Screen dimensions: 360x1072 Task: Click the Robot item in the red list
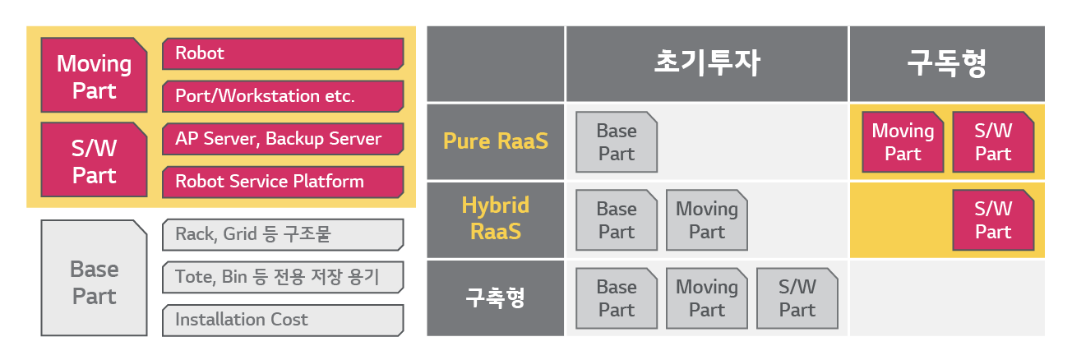pyautogui.click(x=283, y=53)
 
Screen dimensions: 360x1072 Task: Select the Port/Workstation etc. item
pyautogui.click(x=283, y=96)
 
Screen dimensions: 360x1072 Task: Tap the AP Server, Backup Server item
pyautogui.click(x=283, y=139)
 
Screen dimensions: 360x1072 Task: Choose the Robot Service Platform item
pyautogui.click(x=283, y=182)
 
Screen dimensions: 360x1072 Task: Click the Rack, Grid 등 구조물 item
pyautogui.click(x=283, y=235)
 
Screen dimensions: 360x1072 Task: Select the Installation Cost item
pyautogui.click(x=283, y=321)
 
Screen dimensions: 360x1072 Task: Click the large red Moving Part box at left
pyautogui.click(x=94, y=76)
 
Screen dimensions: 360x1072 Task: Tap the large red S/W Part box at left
pyautogui.click(x=94, y=161)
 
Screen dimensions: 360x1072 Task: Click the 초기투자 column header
pyautogui.click(x=707, y=63)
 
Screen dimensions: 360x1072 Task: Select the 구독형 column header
pyautogui.click(x=946, y=63)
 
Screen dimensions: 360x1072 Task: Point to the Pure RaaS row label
pyautogui.click(x=495, y=141)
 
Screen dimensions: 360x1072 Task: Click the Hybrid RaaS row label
pyautogui.click(x=495, y=219)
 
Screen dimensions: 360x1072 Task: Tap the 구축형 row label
pyautogui.click(x=495, y=298)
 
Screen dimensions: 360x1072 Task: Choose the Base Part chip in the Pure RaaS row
pyautogui.click(x=617, y=142)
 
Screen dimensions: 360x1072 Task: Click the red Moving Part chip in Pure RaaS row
pyautogui.click(x=903, y=142)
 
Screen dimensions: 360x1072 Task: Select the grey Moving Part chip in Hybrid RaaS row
pyautogui.click(x=707, y=220)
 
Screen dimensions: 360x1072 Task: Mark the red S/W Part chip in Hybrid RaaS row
pyautogui.click(x=993, y=220)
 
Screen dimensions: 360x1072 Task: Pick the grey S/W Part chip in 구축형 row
pyautogui.click(x=797, y=298)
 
